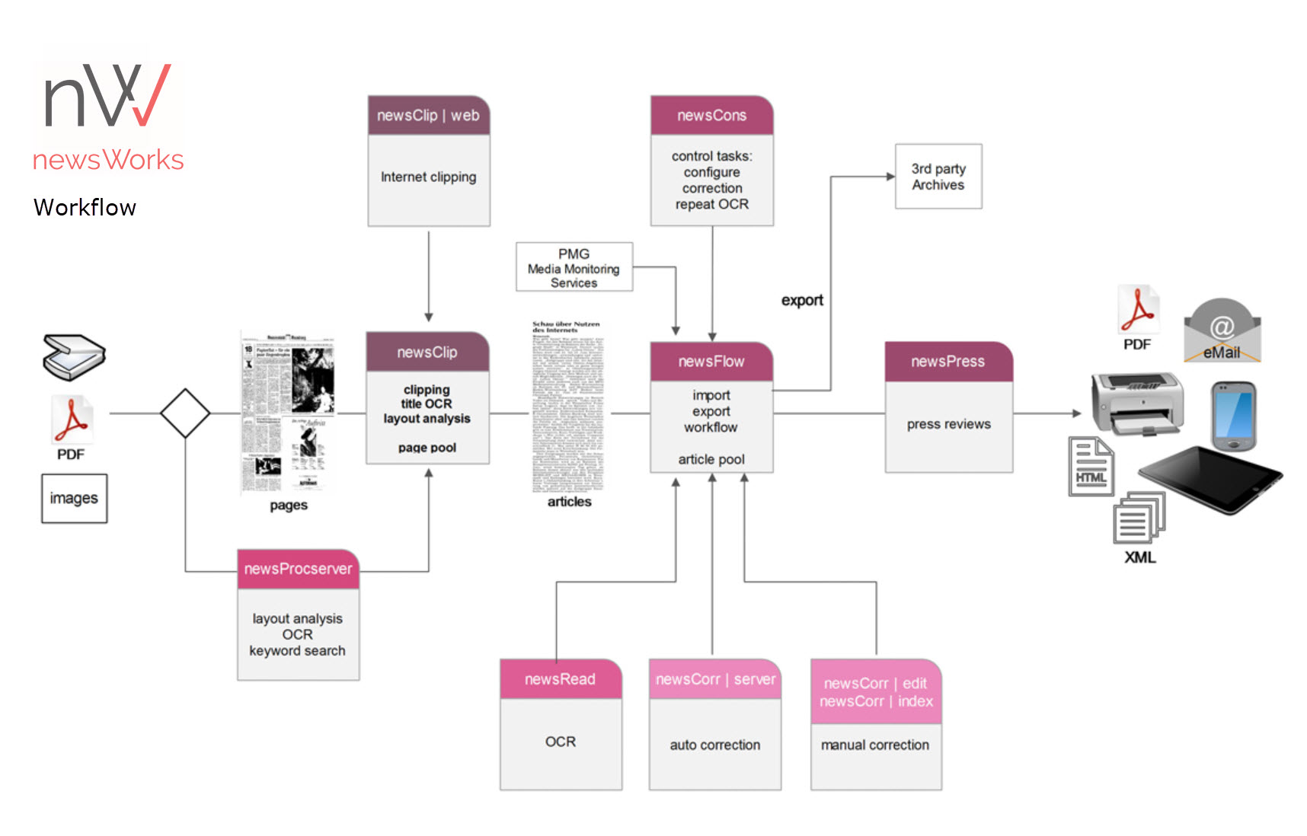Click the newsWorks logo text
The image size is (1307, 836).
108,160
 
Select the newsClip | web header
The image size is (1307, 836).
428,116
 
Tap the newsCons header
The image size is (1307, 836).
711,116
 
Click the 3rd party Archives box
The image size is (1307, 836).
938,177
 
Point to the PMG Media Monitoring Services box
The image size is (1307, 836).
574,267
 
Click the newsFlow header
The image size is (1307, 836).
711,362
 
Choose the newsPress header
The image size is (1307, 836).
948,362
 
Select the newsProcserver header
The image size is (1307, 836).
298,570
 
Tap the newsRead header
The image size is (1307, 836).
561,679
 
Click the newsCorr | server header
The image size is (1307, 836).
715,679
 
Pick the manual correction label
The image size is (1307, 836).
875,745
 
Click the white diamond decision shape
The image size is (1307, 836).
185,413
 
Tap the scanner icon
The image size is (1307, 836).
73,356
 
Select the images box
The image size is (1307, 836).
74,499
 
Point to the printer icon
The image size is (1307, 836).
1137,404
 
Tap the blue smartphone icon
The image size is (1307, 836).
1233,416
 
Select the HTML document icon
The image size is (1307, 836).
1091,466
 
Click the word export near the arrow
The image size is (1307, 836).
802,301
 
